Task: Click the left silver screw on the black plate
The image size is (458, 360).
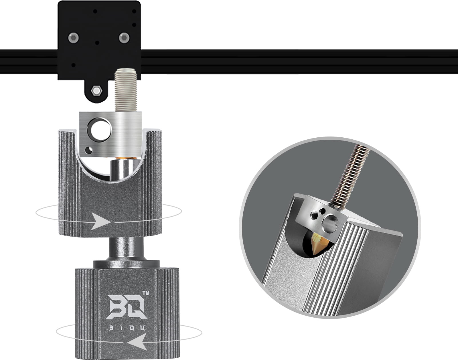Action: [x=74, y=38]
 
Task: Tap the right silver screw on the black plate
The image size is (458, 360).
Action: [x=124, y=38]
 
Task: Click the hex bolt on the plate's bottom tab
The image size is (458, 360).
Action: [x=97, y=91]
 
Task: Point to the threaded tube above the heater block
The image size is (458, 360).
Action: [x=126, y=91]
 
